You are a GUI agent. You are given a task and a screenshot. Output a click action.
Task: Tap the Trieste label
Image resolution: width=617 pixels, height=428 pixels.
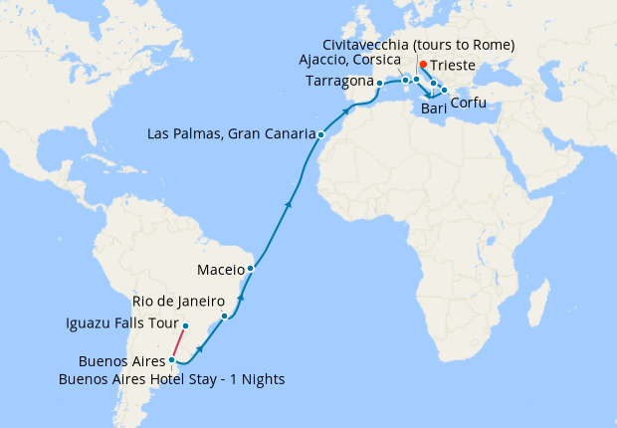454,66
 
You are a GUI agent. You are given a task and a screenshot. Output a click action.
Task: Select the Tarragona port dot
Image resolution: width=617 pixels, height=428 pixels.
379,83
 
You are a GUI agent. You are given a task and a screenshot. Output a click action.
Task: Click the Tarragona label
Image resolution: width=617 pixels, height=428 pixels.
340,81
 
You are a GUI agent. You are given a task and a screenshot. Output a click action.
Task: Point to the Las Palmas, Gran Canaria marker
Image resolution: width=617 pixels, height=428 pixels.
320,134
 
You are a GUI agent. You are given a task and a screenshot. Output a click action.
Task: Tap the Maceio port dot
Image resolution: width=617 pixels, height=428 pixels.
251,269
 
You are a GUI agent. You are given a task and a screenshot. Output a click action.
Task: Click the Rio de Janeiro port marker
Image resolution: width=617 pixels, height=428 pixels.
225,317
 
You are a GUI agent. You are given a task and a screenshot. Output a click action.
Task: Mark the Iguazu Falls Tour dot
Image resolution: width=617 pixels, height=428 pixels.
185,324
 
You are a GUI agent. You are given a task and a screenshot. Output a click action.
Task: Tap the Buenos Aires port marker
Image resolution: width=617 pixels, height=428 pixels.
172,360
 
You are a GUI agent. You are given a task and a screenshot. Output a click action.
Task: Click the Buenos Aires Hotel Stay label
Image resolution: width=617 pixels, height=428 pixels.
172,379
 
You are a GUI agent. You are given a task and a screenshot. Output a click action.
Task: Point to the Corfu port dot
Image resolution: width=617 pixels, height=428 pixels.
444,91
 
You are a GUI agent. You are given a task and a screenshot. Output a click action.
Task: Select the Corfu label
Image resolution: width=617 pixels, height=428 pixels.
469,103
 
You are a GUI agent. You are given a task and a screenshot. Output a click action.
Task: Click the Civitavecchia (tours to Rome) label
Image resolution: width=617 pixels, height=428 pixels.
419,45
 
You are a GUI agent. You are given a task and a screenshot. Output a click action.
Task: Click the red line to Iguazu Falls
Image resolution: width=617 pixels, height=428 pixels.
179,342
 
